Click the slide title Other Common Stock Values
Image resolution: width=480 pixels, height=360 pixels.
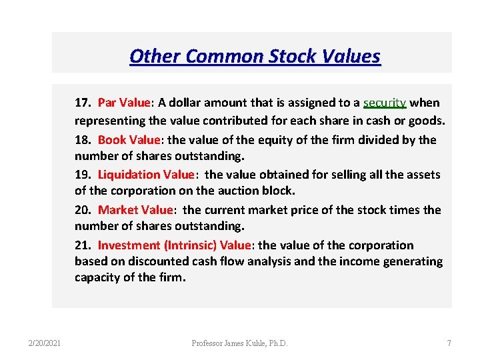tap(255, 55)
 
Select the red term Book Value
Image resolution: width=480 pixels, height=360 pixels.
tap(129, 139)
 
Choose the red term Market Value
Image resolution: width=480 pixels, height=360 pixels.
tap(135, 210)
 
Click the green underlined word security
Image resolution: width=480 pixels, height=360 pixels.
tap(385, 103)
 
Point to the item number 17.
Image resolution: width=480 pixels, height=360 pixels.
tap(83, 103)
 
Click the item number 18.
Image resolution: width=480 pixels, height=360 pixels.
tap(83, 139)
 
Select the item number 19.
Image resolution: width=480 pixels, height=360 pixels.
tap(83, 175)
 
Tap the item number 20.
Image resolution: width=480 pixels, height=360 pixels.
tap(83, 210)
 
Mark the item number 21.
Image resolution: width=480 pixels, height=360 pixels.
tap(83, 245)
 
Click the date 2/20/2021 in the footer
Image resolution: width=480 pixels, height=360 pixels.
tap(45, 343)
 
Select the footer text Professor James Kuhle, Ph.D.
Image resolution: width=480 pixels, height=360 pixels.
tap(240, 343)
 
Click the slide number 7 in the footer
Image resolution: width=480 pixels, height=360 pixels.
tap(449, 343)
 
